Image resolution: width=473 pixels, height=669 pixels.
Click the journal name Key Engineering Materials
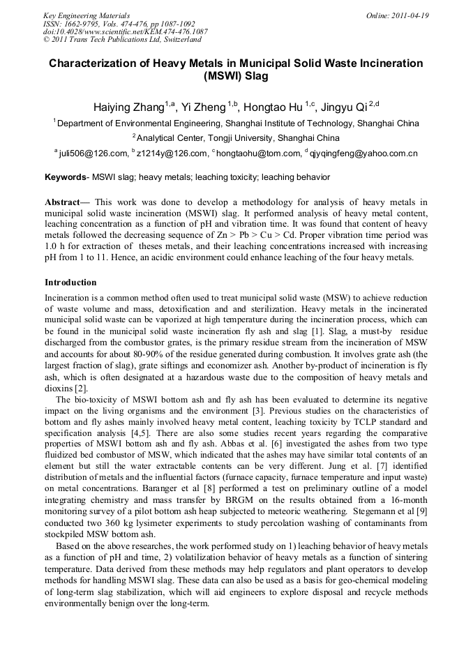tap(87, 15)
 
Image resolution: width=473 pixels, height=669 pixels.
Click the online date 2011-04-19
tap(409, 15)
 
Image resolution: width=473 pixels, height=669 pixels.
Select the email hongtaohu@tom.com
tap(260, 153)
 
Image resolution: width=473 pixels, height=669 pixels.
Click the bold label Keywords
tap(66, 178)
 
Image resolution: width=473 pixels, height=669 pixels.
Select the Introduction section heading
tap(70, 283)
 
